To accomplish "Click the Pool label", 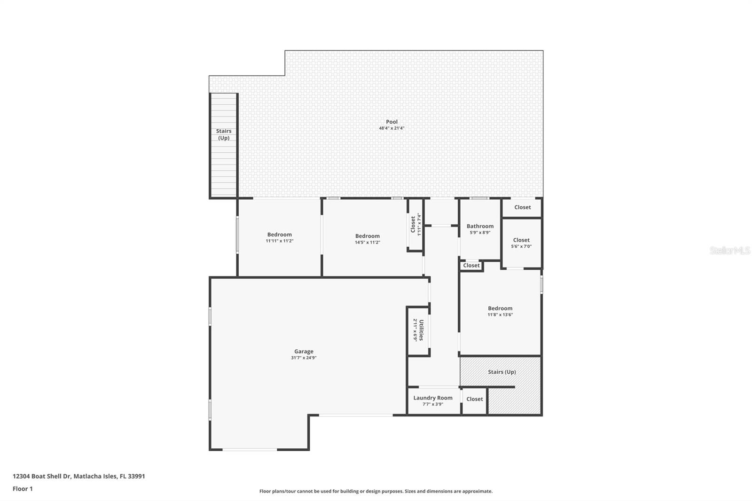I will click(392, 122).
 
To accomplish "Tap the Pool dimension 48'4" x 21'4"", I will click(392, 128).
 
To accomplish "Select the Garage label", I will click(304, 351).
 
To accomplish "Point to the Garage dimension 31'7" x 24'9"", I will click(304, 358).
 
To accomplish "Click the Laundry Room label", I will click(433, 398).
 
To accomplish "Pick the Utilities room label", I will click(421, 330).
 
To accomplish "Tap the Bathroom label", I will click(480, 226).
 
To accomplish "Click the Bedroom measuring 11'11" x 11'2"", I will click(280, 235).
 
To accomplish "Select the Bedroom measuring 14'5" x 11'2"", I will click(367, 236).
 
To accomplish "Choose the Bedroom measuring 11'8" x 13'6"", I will click(500, 308).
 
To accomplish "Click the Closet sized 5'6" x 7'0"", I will click(521, 240).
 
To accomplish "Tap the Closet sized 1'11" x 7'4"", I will click(413, 224).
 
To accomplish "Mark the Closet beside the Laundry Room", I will click(474, 399).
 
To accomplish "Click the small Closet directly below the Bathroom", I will click(471, 266).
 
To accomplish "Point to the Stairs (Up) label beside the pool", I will click(224, 134).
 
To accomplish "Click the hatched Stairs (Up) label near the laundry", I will click(501, 372).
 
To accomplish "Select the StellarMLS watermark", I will click(729, 251).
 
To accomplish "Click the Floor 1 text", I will click(23, 489).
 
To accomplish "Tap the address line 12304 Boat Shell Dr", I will click(78, 476).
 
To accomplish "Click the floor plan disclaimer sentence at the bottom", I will click(376, 491).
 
